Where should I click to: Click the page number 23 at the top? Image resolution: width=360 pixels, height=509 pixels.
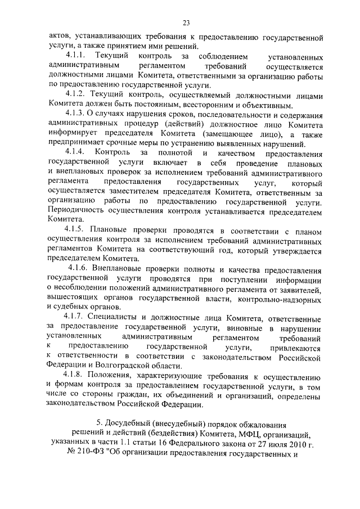click(186, 22)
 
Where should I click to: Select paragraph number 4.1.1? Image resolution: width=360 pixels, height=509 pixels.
click(75, 57)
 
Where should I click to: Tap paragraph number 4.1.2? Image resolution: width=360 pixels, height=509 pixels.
click(75, 95)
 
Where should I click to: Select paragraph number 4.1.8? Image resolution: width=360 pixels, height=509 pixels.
click(75, 375)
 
